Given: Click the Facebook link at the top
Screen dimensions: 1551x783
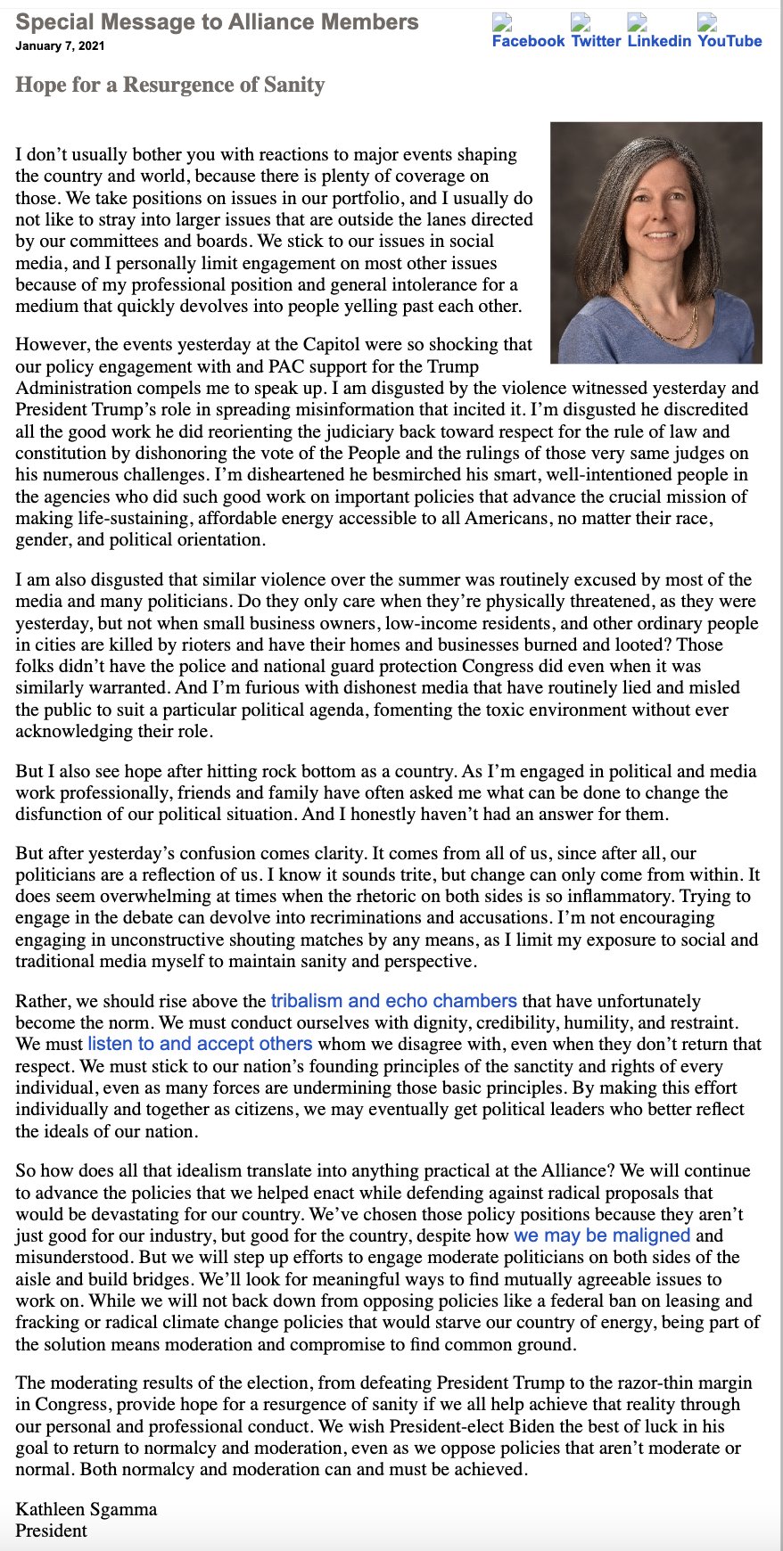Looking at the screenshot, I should [528, 41].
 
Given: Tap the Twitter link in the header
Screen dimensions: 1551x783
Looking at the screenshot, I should [596, 41].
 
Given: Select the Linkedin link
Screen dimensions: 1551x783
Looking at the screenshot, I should [659, 41].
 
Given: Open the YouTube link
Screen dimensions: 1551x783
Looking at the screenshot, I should [729, 41].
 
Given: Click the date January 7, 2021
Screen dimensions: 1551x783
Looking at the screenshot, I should [60, 46].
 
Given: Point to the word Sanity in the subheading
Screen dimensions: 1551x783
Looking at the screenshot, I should [294, 86].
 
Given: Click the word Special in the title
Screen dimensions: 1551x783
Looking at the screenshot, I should [55, 22].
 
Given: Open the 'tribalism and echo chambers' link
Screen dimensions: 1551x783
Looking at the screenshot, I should [393, 1001].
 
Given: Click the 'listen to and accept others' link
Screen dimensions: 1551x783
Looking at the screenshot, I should [200, 1044].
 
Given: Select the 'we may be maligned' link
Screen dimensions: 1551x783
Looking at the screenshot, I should [602, 1235].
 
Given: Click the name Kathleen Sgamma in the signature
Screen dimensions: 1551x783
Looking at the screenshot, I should [86, 1509].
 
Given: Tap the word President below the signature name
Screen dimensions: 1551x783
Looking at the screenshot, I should [51, 1530].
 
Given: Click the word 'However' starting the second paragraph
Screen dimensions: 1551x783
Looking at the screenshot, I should [52, 345].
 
